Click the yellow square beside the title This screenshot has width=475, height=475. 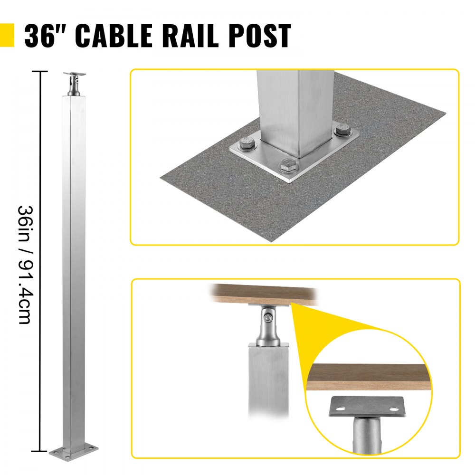[x=7, y=36]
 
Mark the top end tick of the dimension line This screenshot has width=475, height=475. [x=39, y=71]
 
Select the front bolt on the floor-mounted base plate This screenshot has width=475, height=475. [x=287, y=166]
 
